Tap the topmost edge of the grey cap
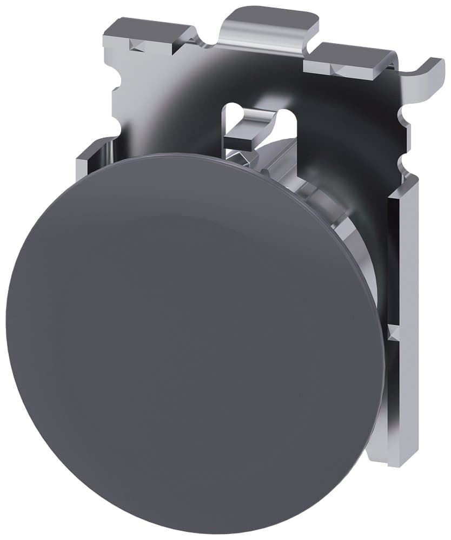(x=178, y=154)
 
